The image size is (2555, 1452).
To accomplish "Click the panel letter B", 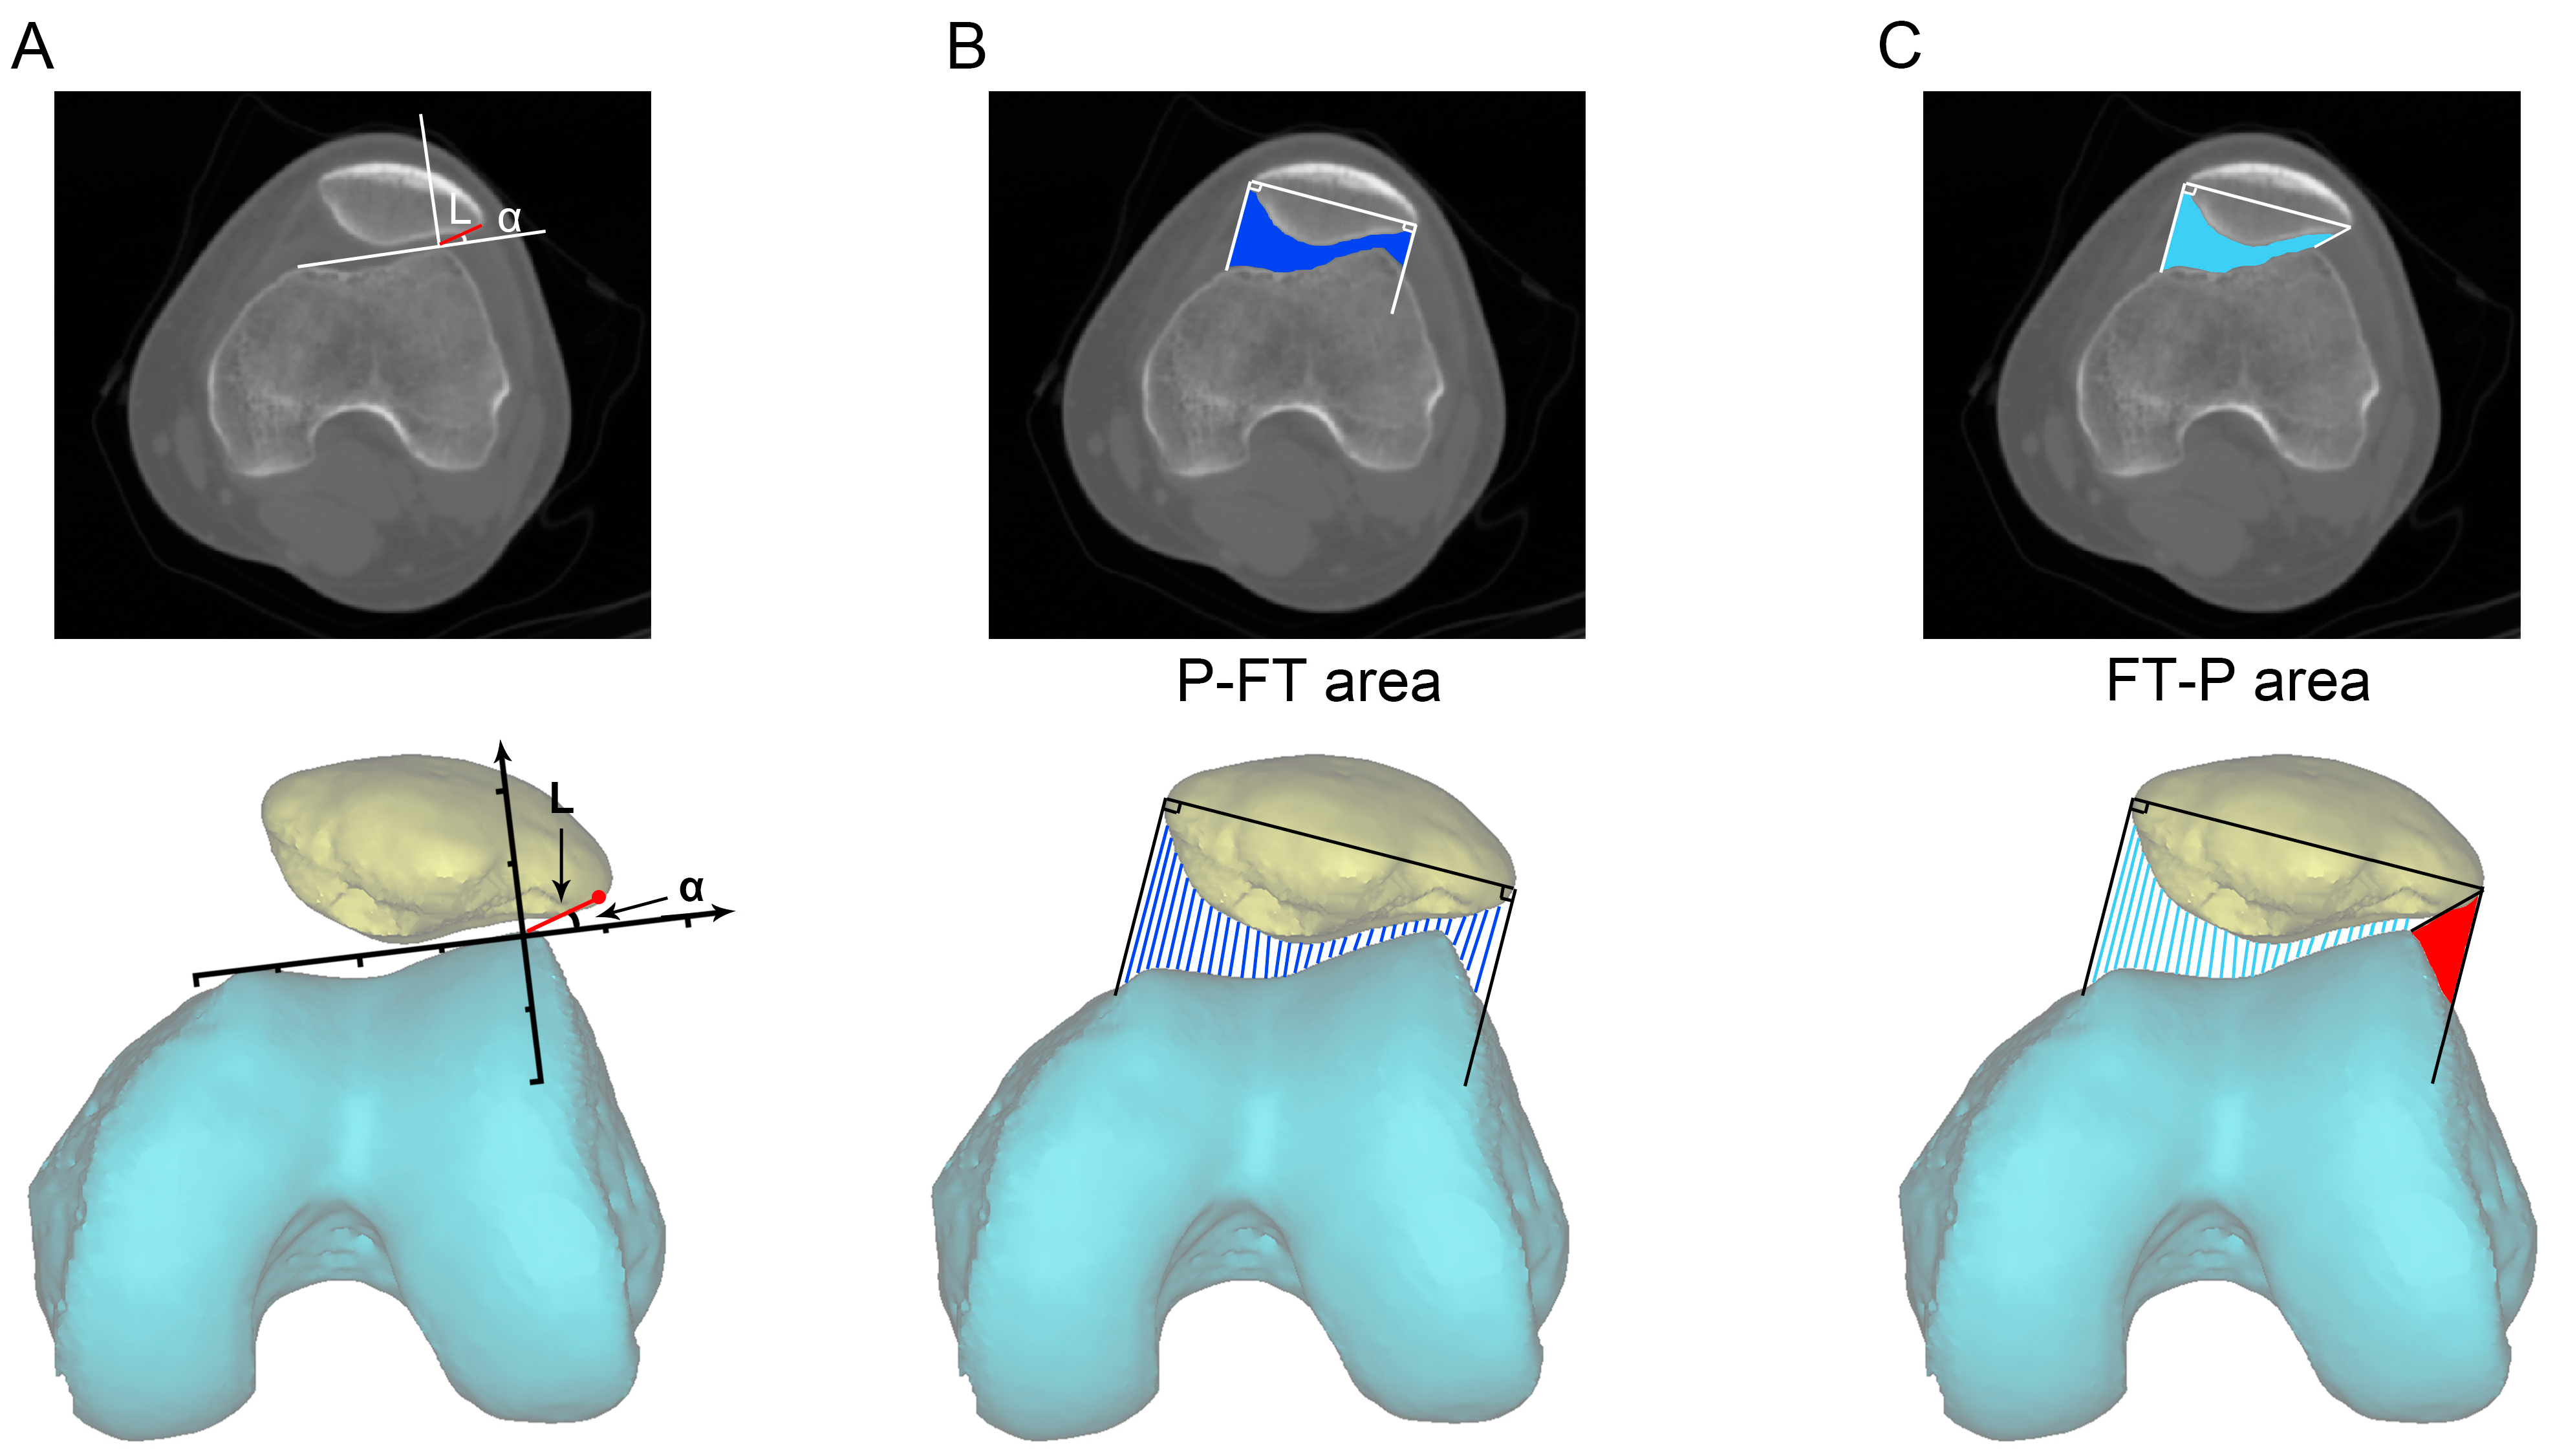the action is point(966,47).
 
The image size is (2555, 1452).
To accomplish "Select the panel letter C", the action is point(1899,47).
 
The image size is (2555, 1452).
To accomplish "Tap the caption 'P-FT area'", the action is point(1308,682).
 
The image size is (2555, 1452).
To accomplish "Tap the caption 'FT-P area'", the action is point(2238,682).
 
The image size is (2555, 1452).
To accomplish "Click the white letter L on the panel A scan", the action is point(458,210).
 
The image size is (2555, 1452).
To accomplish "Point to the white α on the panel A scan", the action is point(510,219).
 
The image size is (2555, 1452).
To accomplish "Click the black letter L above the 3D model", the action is point(561,798).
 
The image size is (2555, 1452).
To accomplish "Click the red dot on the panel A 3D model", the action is point(598,898).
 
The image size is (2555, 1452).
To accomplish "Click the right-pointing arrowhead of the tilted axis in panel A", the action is point(725,911).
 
